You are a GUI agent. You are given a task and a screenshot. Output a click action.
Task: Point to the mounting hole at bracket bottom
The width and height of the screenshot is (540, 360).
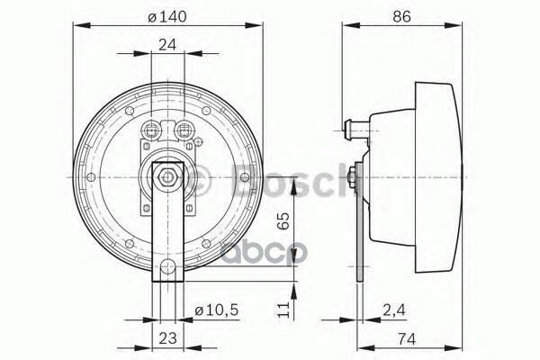coord(168,267)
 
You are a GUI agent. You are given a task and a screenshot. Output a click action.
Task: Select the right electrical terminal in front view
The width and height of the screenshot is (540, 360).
coord(186,129)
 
